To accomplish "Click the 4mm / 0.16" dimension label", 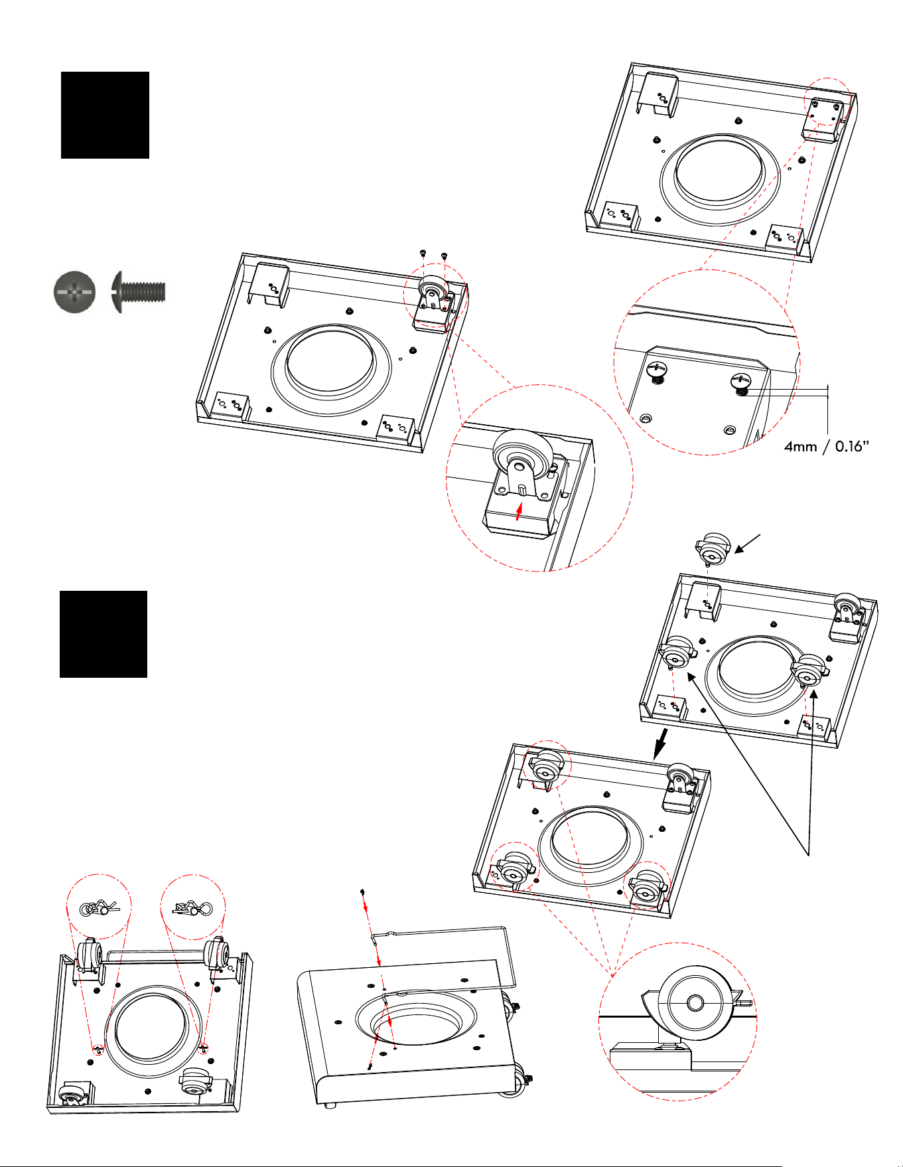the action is tap(826, 446).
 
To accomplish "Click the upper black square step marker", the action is tap(105, 115).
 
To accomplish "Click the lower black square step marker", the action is tap(104, 634).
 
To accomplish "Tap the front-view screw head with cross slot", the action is tap(74, 291).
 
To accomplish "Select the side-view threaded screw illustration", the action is tap(138, 291).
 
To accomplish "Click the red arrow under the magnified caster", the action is tap(520, 510).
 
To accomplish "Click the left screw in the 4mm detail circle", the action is tap(656, 370).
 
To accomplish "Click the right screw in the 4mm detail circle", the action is tap(740, 384).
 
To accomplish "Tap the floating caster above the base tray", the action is tap(713, 549).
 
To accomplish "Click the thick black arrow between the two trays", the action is tap(660, 744).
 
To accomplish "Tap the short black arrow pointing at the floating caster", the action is tap(749, 544).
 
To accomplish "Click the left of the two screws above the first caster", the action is tap(423, 253).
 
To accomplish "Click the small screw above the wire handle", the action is tap(362, 892).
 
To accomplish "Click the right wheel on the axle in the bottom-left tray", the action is tap(216, 955).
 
